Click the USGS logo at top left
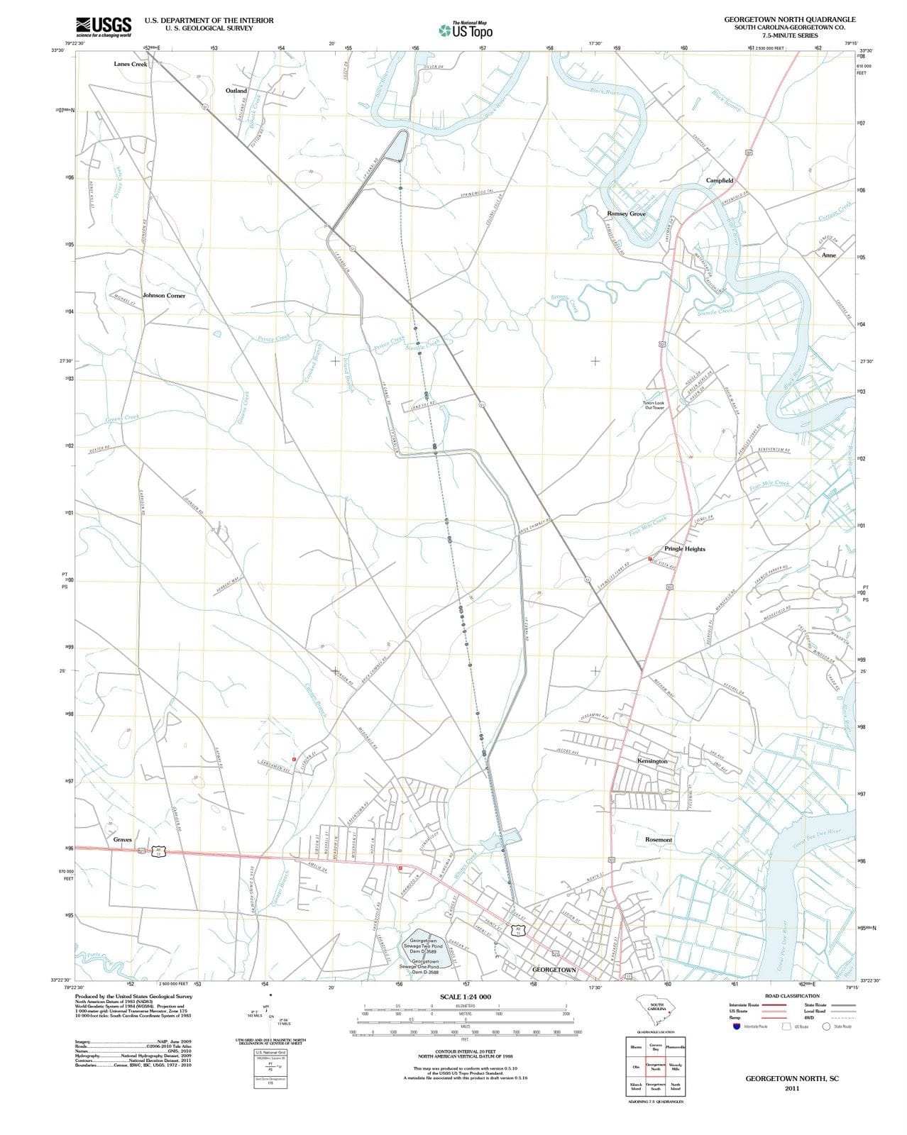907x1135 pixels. (x=104, y=26)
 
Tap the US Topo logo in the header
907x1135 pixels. (x=466, y=30)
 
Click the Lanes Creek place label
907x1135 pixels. (x=131, y=64)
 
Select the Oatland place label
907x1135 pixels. (x=236, y=91)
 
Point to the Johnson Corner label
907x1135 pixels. (x=164, y=295)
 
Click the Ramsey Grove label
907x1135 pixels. (x=626, y=214)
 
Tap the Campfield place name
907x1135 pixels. (x=720, y=181)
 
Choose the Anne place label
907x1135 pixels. (x=828, y=255)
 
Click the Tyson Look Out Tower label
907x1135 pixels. (x=654, y=405)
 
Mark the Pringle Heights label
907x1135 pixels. (x=685, y=548)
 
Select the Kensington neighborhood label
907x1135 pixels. (x=652, y=760)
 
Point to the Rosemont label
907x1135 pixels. (x=659, y=839)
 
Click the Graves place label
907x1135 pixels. (x=123, y=839)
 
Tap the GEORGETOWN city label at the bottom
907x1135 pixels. (x=554, y=969)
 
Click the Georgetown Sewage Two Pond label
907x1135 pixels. (x=426, y=943)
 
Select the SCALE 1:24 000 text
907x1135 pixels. (x=465, y=997)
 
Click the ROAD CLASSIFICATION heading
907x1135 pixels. (x=792, y=996)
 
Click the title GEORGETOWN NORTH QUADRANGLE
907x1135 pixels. (x=790, y=19)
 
